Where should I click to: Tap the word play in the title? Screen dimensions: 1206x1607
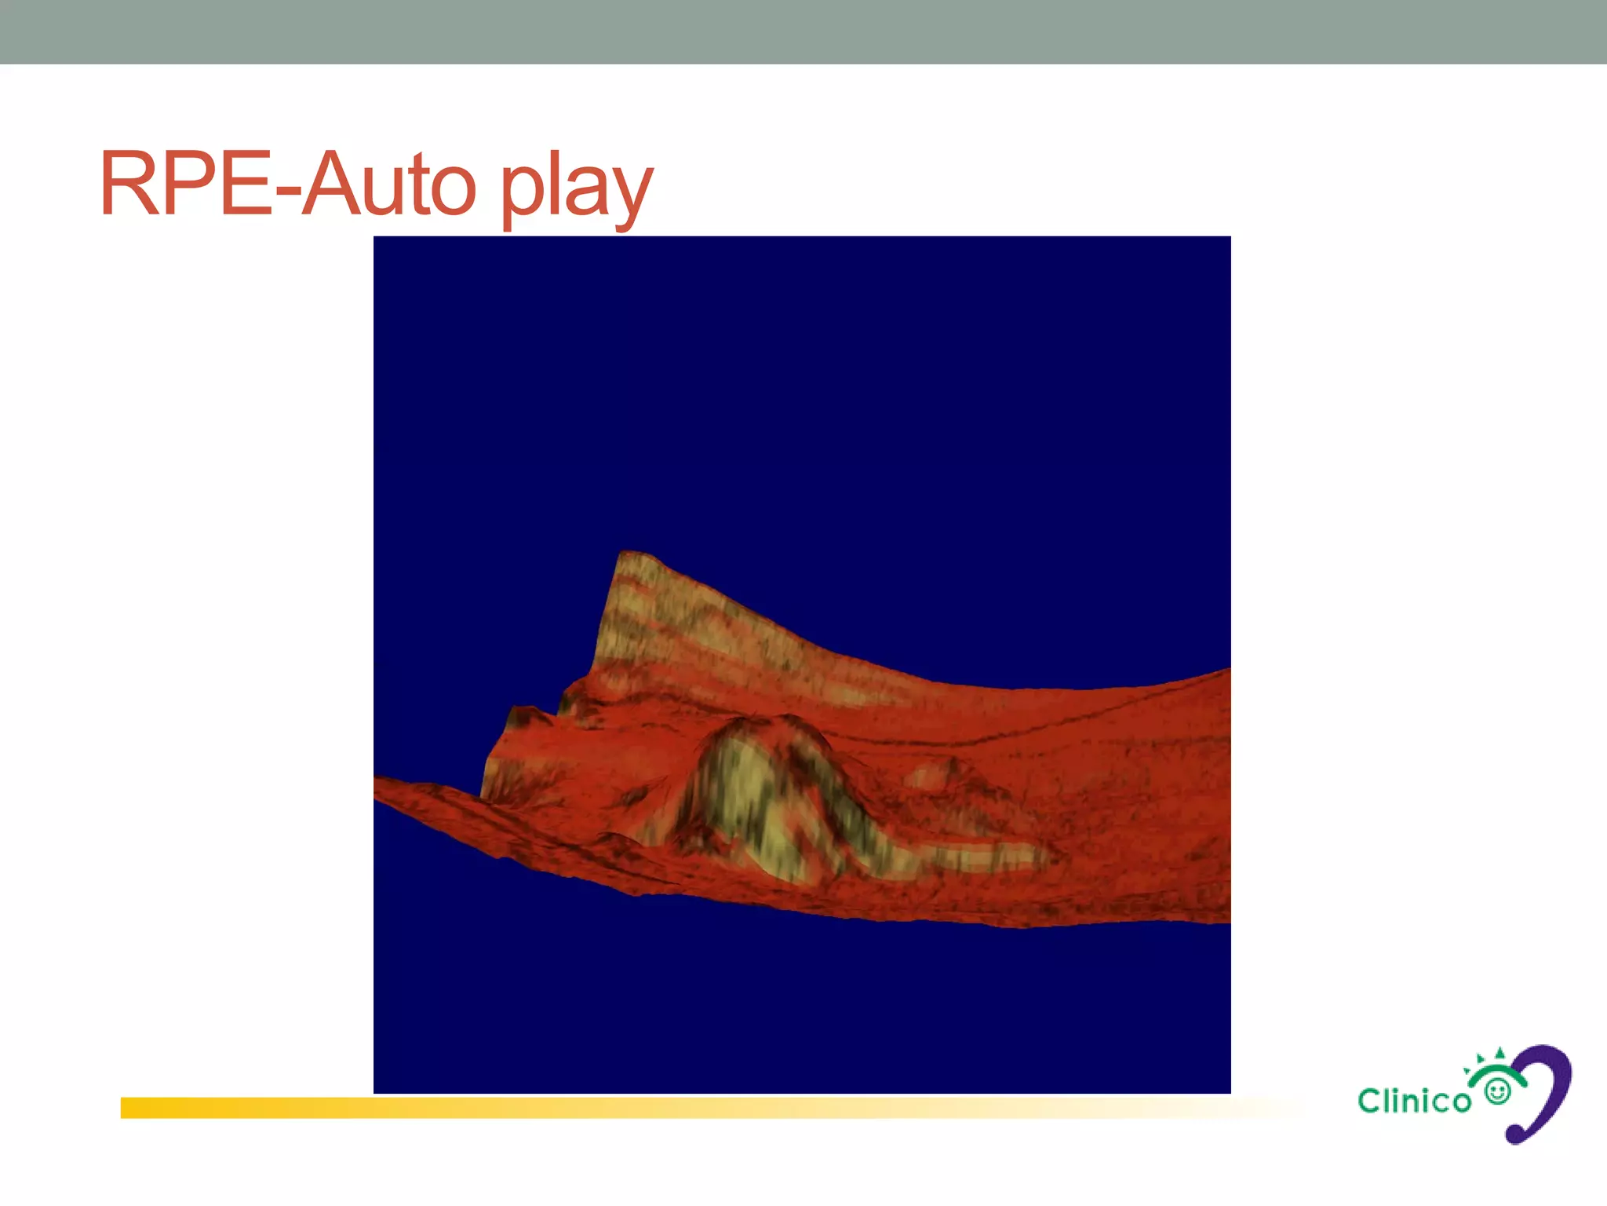(575, 188)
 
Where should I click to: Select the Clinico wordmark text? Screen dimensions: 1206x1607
(1414, 1101)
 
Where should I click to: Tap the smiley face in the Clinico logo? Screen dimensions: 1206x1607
(1498, 1091)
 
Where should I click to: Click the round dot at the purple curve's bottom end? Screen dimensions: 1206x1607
(1515, 1134)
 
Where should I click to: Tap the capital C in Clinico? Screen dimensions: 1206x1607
(1370, 1101)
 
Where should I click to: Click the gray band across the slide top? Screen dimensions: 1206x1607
(803, 31)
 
